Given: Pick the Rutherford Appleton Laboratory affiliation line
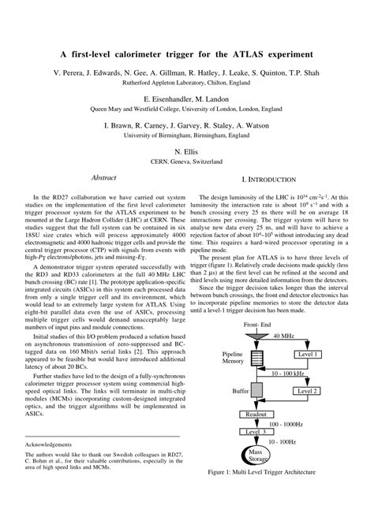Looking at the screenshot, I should pyautogui.click(x=187, y=81).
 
